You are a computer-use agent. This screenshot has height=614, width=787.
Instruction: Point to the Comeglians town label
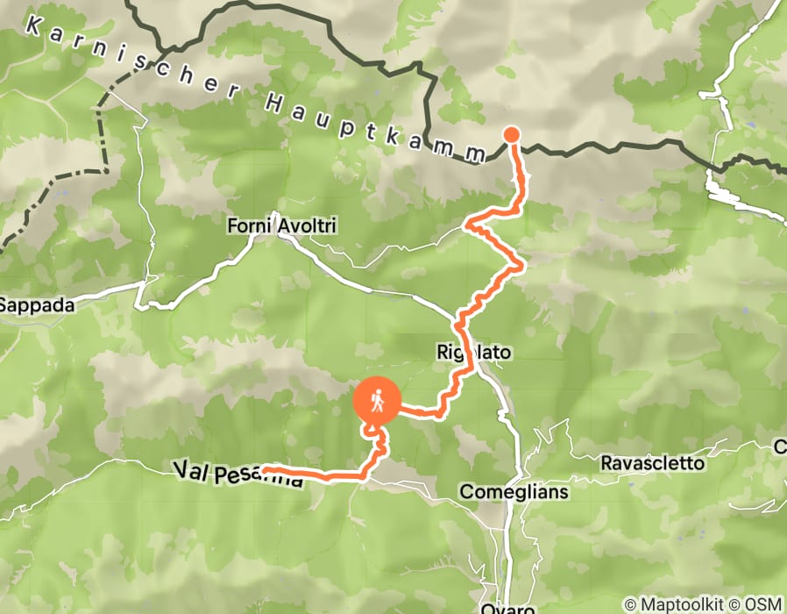click(x=514, y=491)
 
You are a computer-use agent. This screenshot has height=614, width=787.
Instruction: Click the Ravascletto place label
click(x=652, y=462)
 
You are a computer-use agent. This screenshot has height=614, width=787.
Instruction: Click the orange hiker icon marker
click(x=376, y=402)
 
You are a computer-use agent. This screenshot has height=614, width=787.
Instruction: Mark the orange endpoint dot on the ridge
click(x=511, y=134)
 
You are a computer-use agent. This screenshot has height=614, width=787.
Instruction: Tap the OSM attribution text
click(x=763, y=604)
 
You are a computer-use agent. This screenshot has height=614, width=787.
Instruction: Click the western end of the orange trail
click(x=265, y=471)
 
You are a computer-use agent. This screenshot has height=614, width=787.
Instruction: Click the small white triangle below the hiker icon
click(x=375, y=428)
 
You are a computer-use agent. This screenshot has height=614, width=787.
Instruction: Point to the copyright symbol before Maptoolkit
click(x=630, y=604)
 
